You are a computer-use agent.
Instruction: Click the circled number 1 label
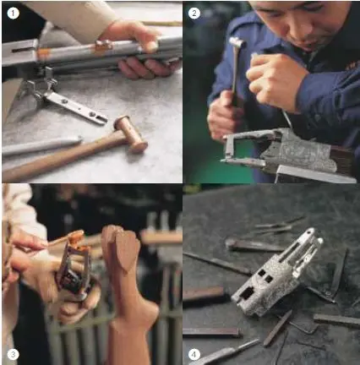click(x=13, y=14)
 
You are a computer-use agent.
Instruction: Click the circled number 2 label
click(x=194, y=13)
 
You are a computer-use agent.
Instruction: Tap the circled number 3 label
click(x=13, y=354)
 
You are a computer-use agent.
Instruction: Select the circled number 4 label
click(x=194, y=354)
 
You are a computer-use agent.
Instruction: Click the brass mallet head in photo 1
click(x=131, y=134)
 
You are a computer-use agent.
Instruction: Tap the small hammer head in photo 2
click(x=237, y=42)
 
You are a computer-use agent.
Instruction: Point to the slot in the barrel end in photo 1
click(x=21, y=50)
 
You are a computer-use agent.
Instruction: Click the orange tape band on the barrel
click(x=43, y=54)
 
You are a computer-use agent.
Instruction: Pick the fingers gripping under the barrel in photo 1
click(x=146, y=68)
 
